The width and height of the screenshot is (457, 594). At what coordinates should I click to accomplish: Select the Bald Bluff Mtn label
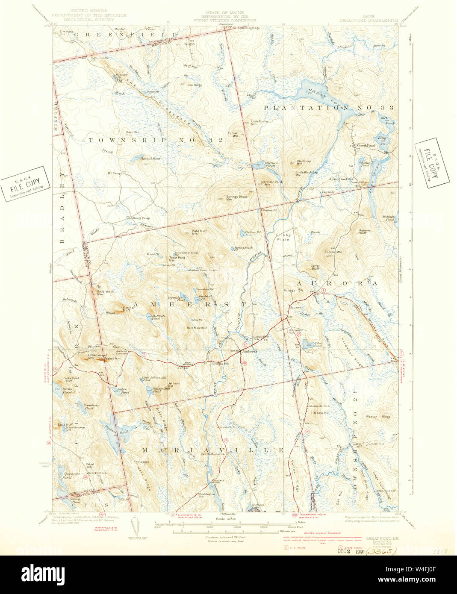[199, 232]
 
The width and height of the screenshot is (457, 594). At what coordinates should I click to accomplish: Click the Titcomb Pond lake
[150, 159]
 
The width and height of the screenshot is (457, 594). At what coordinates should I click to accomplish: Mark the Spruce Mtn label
[333, 252]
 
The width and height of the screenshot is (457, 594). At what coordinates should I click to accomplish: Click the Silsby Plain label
[283, 237]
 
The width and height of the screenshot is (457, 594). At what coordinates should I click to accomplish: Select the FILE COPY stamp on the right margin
[432, 163]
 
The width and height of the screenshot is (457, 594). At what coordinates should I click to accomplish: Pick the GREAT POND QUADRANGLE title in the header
[369, 20]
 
